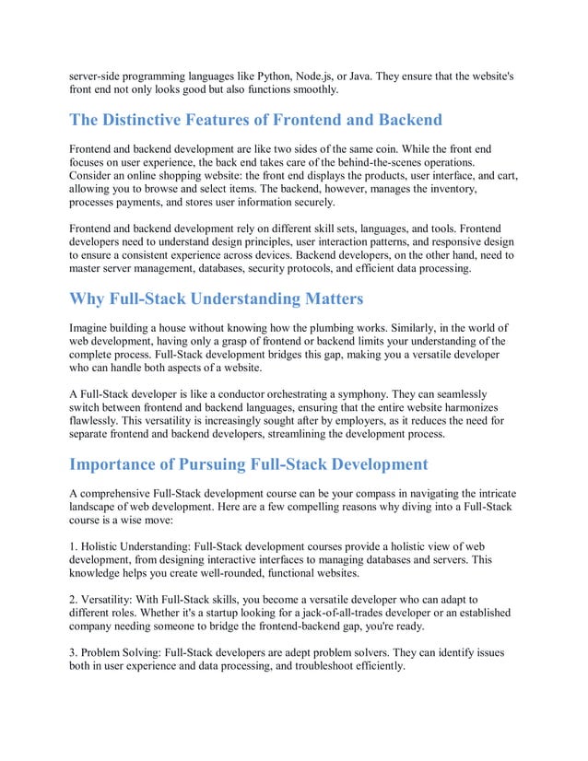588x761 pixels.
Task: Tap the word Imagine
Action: coord(92,327)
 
